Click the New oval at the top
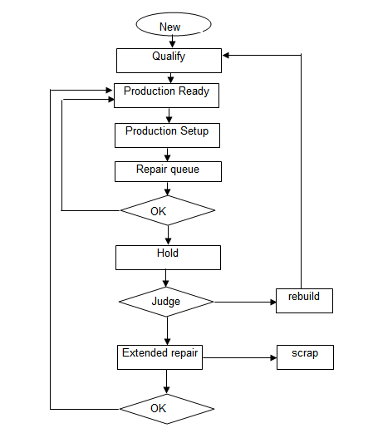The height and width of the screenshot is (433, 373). pyautogui.click(x=174, y=24)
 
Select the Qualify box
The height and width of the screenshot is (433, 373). pyautogui.click(x=169, y=61)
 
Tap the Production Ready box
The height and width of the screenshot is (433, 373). pyautogui.click(x=166, y=96)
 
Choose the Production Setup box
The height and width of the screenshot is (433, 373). pyautogui.click(x=167, y=135)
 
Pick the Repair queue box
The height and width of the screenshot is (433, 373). pyautogui.click(x=168, y=172)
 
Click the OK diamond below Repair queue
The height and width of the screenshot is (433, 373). pyautogui.click(x=168, y=210)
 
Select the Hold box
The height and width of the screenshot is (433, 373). pyautogui.click(x=168, y=258)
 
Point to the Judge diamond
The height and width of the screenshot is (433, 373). pyautogui.click(x=166, y=302)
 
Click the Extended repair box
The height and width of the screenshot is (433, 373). pyautogui.click(x=160, y=357)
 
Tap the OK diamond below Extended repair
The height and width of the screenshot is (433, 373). pyautogui.click(x=167, y=409)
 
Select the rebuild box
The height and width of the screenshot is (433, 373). pyautogui.click(x=304, y=301)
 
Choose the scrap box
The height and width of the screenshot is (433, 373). pyautogui.click(x=305, y=357)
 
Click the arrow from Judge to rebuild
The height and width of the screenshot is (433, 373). pyautogui.click(x=245, y=302)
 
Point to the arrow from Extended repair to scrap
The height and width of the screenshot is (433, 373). pyautogui.click(x=239, y=358)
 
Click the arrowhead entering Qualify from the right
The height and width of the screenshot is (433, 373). pyautogui.click(x=226, y=56)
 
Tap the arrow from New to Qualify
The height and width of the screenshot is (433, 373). pyautogui.click(x=172, y=42)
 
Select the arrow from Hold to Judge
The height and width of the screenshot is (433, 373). pyautogui.click(x=165, y=278)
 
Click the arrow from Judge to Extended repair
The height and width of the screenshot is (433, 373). pyautogui.click(x=167, y=331)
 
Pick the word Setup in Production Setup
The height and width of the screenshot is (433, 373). pyautogui.click(x=194, y=131)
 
